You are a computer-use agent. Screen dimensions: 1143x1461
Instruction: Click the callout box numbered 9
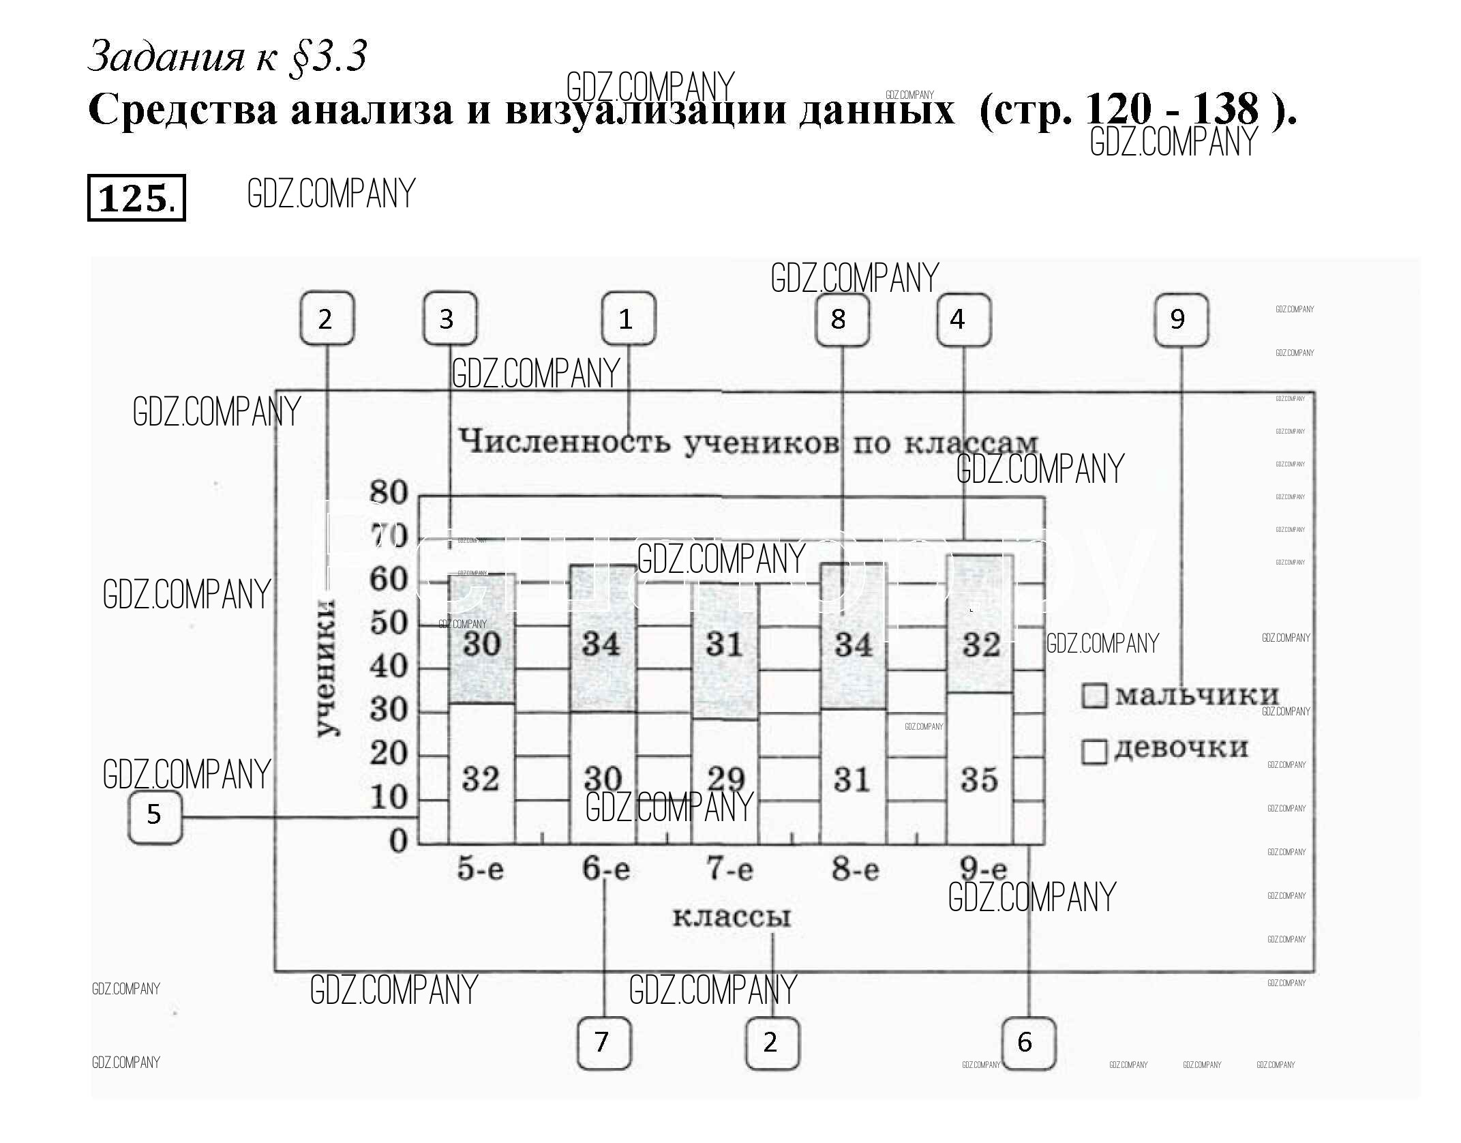pos(1180,320)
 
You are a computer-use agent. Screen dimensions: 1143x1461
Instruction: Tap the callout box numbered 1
pos(628,319)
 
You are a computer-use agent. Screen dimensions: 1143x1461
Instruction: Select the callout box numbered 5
pos(155,816)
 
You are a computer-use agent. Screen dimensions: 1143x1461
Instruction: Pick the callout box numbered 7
pos(603,1043)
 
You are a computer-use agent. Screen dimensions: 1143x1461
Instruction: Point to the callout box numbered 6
pos(1028,1043)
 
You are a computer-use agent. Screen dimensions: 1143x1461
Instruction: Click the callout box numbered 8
pos(841,319)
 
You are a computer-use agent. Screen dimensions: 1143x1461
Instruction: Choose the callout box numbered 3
pos(449,319)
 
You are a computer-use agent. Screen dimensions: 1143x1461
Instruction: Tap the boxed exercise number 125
pos(136,198)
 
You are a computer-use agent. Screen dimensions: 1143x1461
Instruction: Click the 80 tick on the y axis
pos(389,492)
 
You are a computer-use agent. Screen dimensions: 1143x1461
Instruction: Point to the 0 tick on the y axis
pos(398,842)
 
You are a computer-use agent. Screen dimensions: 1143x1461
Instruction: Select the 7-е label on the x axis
pos(729,870)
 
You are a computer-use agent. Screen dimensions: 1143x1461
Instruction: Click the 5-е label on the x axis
pos(481,870)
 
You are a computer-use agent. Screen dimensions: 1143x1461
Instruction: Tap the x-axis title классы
pos(732,917)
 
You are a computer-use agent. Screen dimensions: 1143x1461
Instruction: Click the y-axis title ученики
pos(328,668)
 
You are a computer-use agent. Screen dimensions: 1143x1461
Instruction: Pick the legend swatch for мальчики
pos(1094,696)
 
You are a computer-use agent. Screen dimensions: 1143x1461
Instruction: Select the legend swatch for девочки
pos(1094,752)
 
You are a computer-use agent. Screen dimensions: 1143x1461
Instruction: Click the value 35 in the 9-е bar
pos(980,780)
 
